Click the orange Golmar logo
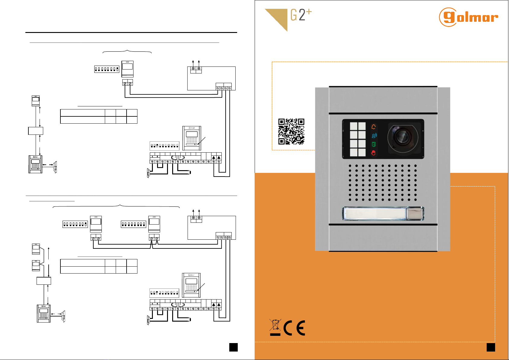(x=468, y=17)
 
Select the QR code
(x=291, y=131)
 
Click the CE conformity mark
(x=295, y=328)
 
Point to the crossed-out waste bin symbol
(x=275, y=327)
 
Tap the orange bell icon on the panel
(x=374, y=127)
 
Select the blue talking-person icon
(x=374, y=135)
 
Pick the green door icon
(x=374, y=144)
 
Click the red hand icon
(x=374, y=153)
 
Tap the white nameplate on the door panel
(x=375, y=213)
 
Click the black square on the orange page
(x=491, y=347)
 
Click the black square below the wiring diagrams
(x=233, y=347)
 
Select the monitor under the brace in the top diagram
(x=127, y=69)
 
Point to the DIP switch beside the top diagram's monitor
(x=107, y=69)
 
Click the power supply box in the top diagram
(x=211, y=78)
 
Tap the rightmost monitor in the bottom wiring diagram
(x=154, y=224)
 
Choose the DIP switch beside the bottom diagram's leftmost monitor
(x=75, y=224)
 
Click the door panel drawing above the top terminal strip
(x=192, y=138)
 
